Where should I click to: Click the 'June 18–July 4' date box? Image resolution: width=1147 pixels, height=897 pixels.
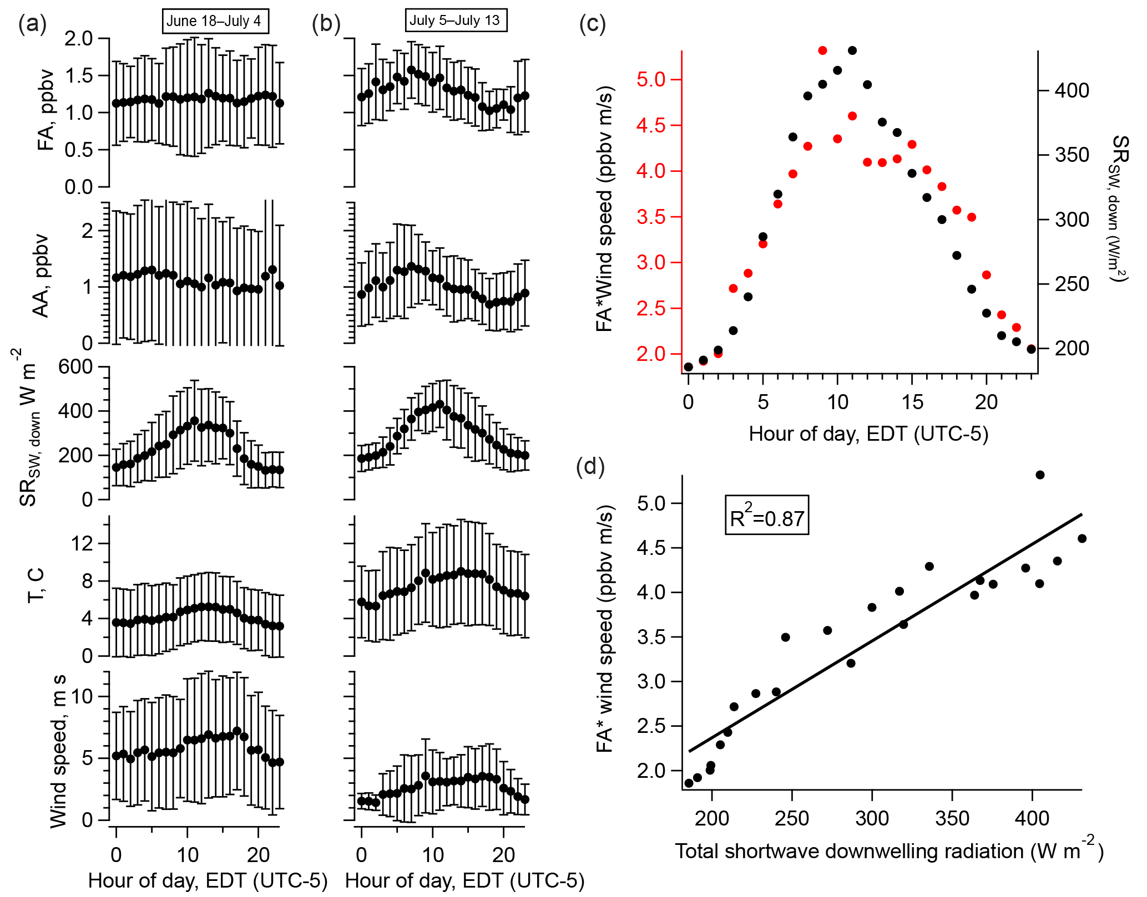(x=214, y=21)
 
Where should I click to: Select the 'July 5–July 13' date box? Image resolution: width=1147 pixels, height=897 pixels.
(x=455, y=21)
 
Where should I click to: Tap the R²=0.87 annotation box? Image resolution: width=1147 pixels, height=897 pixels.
(x=766, y=516)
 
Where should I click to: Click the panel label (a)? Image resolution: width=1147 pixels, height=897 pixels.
(x=32, y=25)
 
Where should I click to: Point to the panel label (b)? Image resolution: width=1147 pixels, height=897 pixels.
(x=326, y=25)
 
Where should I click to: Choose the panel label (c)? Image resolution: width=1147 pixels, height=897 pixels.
(x=593, y=25)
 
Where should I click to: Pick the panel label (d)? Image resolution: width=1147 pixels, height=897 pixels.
(x=590, y=467)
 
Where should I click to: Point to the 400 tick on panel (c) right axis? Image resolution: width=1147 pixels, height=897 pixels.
(x=1072, y=90)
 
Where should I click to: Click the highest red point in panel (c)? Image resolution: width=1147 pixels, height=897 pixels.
(x=822, y=50)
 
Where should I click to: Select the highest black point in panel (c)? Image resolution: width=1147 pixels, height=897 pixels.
(x=852, y=50)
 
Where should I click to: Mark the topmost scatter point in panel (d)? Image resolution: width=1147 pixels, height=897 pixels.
(x=1040, y=475)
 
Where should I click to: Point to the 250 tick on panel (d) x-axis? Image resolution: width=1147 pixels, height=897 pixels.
(x=792, y=818)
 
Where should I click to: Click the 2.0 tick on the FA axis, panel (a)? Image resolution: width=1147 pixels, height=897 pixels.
(x=79, y=39)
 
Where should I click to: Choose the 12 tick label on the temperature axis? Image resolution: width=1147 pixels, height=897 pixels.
(x=82, y=543)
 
